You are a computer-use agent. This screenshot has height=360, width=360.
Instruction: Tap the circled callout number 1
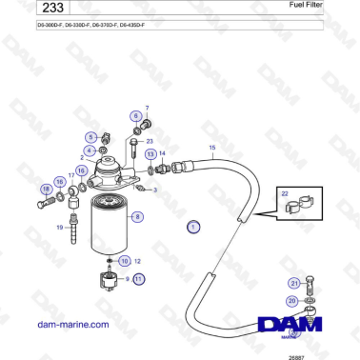point(193,227)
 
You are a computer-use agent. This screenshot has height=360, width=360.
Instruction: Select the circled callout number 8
point(139,217)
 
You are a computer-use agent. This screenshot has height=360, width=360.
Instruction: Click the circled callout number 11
point(139,279)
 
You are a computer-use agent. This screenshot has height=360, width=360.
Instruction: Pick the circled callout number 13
point(150,153)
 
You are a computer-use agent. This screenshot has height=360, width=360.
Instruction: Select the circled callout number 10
point(124,260)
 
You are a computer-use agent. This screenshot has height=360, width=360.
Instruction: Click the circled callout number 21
point(294,283)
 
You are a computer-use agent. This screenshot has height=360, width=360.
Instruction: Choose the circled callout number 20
point(290,301)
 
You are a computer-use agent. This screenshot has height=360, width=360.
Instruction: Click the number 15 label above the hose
point(212,149)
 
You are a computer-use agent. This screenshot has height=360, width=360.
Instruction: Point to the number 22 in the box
point(285,192)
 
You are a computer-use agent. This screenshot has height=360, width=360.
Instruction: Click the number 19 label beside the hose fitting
point(59,228)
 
